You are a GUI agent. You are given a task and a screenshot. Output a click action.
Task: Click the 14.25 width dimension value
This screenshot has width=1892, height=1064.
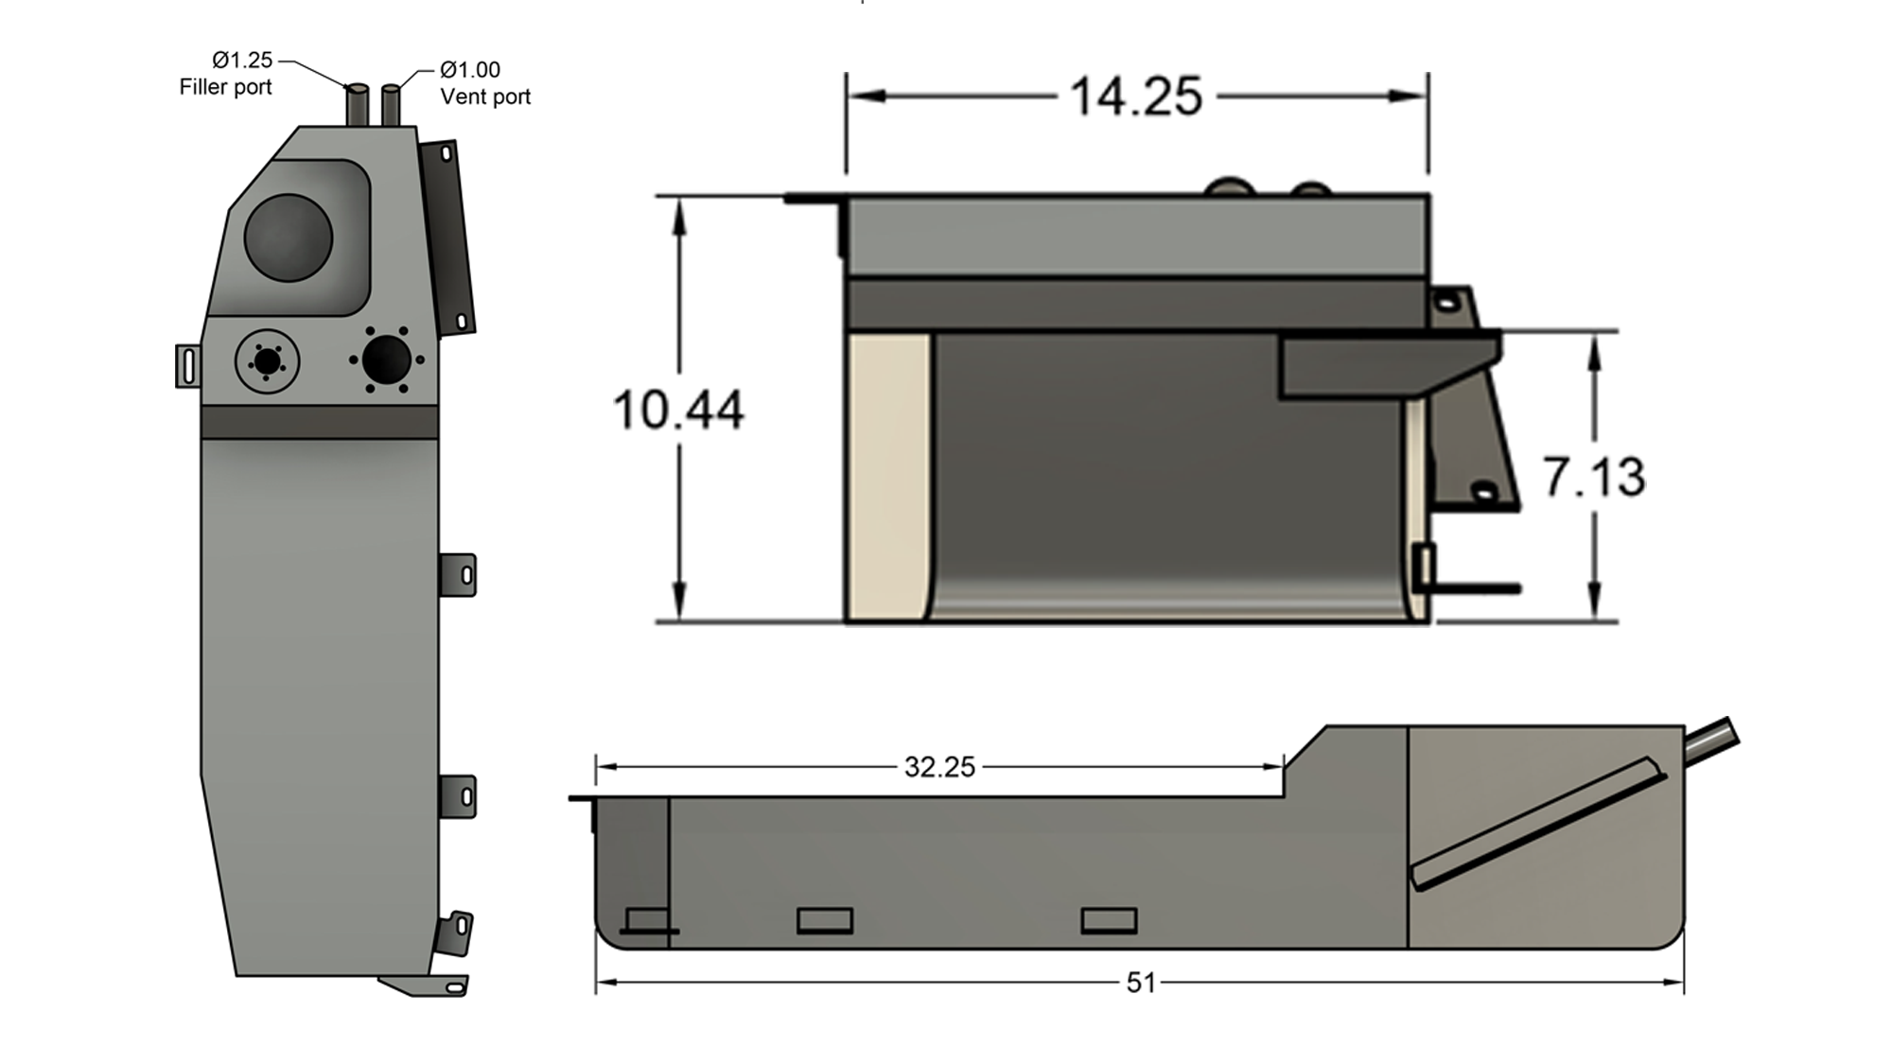point(1135,96)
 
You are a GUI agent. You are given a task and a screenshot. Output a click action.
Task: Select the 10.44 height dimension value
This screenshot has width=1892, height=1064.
point(677,410)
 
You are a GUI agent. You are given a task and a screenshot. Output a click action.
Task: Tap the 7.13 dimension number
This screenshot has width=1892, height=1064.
point(1594,477)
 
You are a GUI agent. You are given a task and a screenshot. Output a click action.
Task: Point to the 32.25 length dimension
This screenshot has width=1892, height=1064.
point(938,767)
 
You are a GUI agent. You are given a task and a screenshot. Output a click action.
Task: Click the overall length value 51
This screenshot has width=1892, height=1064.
point(1140,984)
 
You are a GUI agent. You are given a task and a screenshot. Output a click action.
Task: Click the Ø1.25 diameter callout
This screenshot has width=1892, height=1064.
point(242,61)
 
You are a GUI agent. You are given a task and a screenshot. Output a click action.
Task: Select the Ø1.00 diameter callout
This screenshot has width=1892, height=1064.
point(470,70)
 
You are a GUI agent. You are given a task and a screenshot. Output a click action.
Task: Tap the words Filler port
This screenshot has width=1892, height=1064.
point(225,87)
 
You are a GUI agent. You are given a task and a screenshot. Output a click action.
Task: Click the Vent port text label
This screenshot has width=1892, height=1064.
point(485,96)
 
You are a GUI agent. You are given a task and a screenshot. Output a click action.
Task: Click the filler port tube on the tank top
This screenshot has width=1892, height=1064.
point(358,105)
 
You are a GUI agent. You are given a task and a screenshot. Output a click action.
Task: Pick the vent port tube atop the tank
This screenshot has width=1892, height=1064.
point(391,105)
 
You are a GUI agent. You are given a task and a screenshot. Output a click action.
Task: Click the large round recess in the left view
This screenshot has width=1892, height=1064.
point(288,237)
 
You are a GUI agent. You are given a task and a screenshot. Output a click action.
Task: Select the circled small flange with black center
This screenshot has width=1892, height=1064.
point(267,361)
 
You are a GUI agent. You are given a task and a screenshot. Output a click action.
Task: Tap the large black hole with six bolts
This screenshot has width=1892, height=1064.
point(386,359)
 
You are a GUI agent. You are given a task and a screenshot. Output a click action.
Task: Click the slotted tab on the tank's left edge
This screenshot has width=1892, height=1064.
point(187,366)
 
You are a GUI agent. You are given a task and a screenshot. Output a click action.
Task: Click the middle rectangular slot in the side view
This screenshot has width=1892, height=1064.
point(824,920)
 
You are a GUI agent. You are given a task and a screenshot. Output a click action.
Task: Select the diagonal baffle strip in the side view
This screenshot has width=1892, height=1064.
point(1537,823)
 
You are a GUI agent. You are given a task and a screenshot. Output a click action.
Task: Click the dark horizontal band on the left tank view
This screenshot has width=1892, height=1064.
point(319,422)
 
